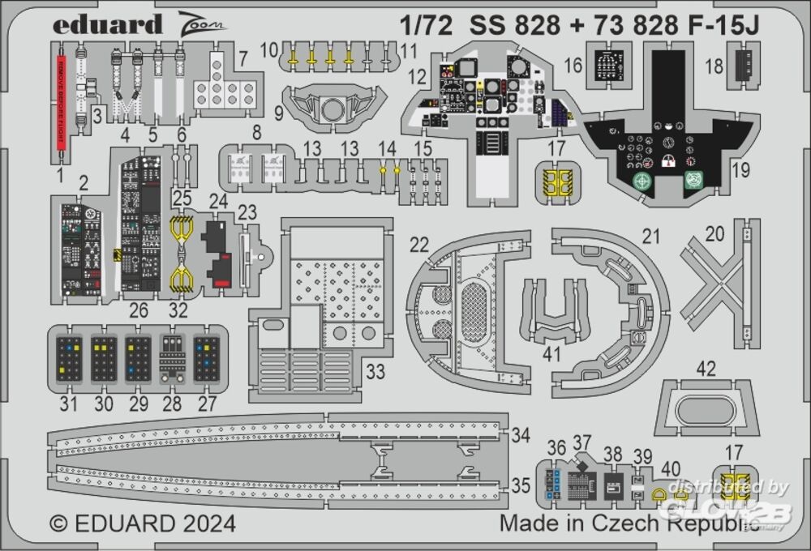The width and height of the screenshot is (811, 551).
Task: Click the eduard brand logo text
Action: pyautogui.click(x=107, y=24)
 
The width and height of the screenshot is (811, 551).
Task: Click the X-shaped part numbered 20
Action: pyautogui.click(x=721, y=284)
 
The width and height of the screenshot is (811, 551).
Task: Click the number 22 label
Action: pyautogui.click(x=418, y=245)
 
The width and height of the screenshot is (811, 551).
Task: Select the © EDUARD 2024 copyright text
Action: pyautogui.click(x=143, y=523)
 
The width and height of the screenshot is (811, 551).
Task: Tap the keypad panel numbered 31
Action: pyautogui.click(x=70, y=358)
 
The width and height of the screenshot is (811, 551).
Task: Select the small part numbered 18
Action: pyautogui.click(x=741, y=63)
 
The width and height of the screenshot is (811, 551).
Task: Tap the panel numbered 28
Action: pyautogui.click(x=172, y=358)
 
